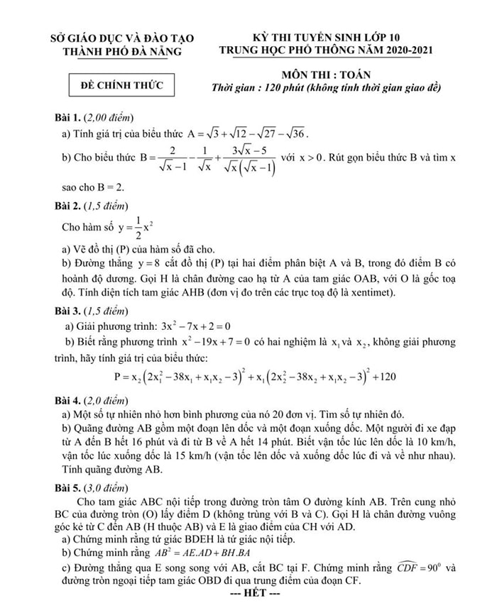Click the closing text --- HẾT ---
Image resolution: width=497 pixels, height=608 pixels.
point(249,593)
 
